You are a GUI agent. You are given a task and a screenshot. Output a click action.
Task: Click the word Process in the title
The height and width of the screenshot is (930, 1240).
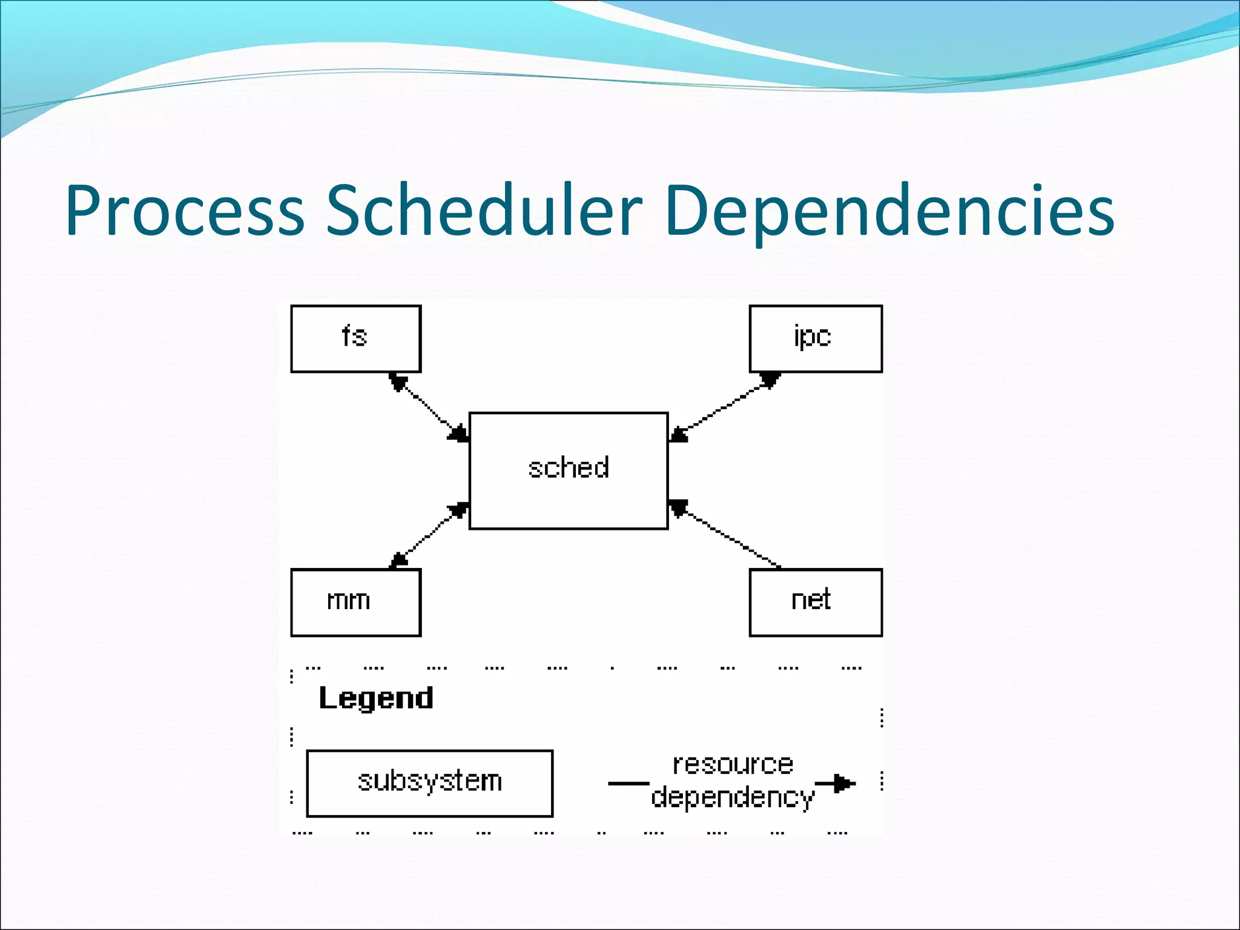point(185,211)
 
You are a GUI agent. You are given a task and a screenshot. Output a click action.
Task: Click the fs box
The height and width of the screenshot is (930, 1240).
point(355,338)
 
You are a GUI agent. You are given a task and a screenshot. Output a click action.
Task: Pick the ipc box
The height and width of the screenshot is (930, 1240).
point(815,338)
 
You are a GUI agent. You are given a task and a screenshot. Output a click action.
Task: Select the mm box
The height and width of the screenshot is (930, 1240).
point(355,602)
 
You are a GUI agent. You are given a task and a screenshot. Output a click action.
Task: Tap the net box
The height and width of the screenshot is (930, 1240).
point(815,602)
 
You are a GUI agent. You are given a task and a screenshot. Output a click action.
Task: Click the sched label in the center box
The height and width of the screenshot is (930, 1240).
point(568,468)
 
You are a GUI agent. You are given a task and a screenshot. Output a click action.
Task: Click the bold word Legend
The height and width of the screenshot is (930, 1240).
point(376,698)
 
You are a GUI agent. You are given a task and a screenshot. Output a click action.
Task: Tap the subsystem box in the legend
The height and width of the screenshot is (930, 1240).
point(429,783)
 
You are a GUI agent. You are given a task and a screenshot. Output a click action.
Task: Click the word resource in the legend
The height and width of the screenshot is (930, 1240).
point(733,765)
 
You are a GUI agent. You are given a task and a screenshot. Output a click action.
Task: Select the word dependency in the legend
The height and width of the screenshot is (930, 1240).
point(733,797)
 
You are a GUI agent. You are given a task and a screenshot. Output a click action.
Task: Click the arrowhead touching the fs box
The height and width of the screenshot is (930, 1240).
point(397,381)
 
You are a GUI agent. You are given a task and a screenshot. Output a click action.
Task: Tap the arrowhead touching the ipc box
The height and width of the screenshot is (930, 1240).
point(770,380)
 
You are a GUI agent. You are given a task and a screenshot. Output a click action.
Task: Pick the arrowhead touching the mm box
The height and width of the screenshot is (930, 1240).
point(398,560)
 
